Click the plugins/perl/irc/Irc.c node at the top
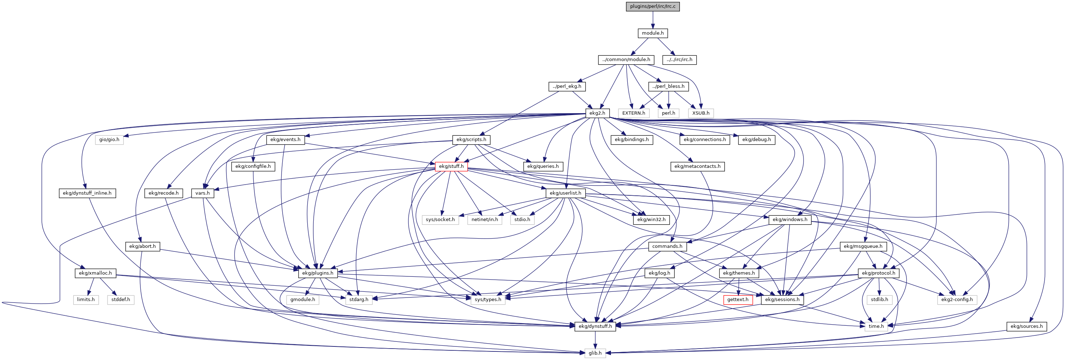click(x=653, y=6)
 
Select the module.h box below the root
click(x=653, y=33)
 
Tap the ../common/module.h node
click(x=626, y=60)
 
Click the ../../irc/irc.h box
click(x=679, y=60)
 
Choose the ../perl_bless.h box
click(x=668, y=86)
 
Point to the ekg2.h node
click(x=597, y=113)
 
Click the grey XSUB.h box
click(x=701, y=113)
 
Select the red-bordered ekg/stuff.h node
click(x=451, y=166)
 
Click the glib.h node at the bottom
click(x=595, y=353)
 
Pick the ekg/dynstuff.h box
click(x=595, y=326)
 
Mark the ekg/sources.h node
click(x=1026, y=326)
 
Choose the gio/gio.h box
click(x=109, y=140)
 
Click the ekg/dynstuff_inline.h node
click(x=87, y=193)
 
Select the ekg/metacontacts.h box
click(x=697, y=166)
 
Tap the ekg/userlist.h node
click(x=565, y=193)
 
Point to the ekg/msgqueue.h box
click(x=863, y=246)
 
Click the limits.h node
click(x=86, y=300)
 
